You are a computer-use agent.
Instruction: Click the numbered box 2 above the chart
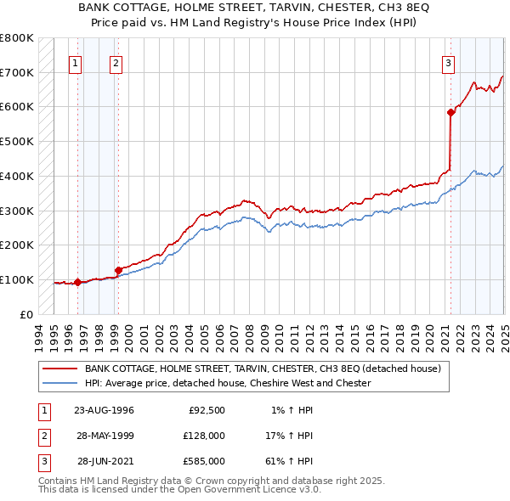coord(116,62)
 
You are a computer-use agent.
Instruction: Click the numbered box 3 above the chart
coord(448,62)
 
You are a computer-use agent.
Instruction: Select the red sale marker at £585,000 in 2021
coord(450,112)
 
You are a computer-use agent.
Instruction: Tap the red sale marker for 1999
coord(118,270)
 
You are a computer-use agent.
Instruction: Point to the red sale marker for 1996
coord(77,282)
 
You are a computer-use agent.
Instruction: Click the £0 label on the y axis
coord(26,314)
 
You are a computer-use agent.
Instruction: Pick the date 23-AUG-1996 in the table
coord(105,410)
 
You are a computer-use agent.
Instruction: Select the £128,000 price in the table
coord(203,436)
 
